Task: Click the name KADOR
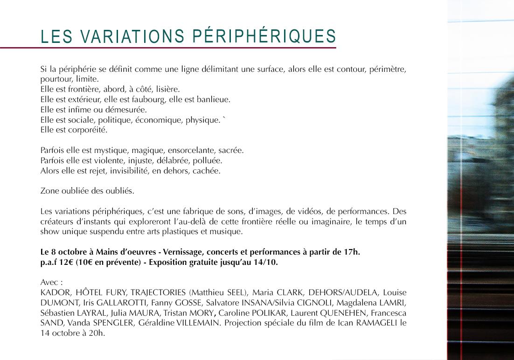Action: point(53,293)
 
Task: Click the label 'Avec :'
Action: point(51,283)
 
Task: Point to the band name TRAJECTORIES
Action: point(159,293)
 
